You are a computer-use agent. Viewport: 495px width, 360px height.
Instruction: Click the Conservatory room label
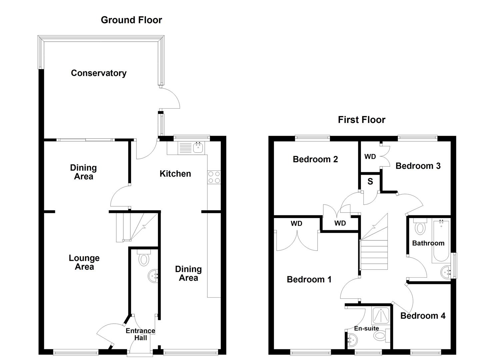click(99, 73)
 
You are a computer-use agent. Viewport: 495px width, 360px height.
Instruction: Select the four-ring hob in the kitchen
click(214, 177)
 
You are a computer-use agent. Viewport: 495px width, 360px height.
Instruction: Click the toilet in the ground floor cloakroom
click(144, 258)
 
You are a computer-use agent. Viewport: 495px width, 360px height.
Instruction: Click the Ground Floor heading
click(131, 20)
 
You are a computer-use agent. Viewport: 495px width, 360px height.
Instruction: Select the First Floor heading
click(361, 120)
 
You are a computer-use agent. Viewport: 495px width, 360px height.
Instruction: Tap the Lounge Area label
click(84, 262)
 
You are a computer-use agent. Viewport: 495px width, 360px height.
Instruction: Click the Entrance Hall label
click(140, 334)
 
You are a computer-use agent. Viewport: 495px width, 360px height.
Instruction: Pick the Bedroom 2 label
click(315, 159)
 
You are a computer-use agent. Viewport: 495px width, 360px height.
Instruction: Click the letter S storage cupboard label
click(370, 182)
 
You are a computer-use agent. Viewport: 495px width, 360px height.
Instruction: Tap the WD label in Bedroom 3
click(370, 157)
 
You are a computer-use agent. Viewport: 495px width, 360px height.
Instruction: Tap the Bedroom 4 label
click(422, 316)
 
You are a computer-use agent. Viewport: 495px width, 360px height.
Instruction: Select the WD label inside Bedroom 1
click(296, 224)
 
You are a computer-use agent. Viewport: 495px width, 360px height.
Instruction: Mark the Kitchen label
click(175, 174)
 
